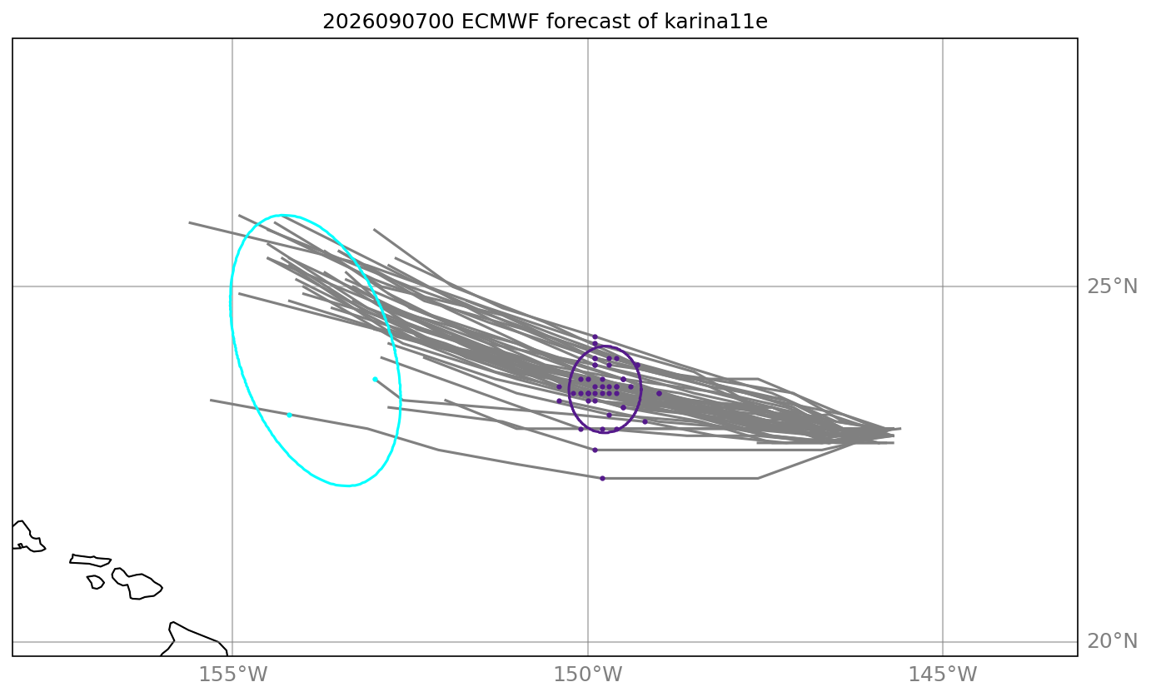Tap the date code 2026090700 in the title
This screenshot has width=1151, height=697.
point(388,22)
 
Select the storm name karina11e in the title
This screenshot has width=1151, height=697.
point(715,22)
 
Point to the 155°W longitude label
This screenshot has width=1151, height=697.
point(232,675)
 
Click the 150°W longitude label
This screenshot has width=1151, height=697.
point(588,675)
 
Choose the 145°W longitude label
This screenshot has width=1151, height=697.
point(943,675)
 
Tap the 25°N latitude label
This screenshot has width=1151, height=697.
point(1112,286)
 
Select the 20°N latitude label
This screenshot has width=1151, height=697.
point(1112,641)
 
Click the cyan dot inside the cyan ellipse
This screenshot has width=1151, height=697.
point(375,380)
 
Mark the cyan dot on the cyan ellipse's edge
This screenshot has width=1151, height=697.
point(289,415)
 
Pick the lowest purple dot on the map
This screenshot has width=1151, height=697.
point(602,478)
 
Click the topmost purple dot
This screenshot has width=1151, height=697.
point(595,337)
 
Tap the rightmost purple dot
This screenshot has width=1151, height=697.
point(659,393)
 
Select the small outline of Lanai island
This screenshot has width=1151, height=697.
point(96,582)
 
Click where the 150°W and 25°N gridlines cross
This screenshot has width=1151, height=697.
point(588,286)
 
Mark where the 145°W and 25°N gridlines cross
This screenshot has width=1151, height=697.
point(943,286)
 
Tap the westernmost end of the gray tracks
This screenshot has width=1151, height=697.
point(190,222)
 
